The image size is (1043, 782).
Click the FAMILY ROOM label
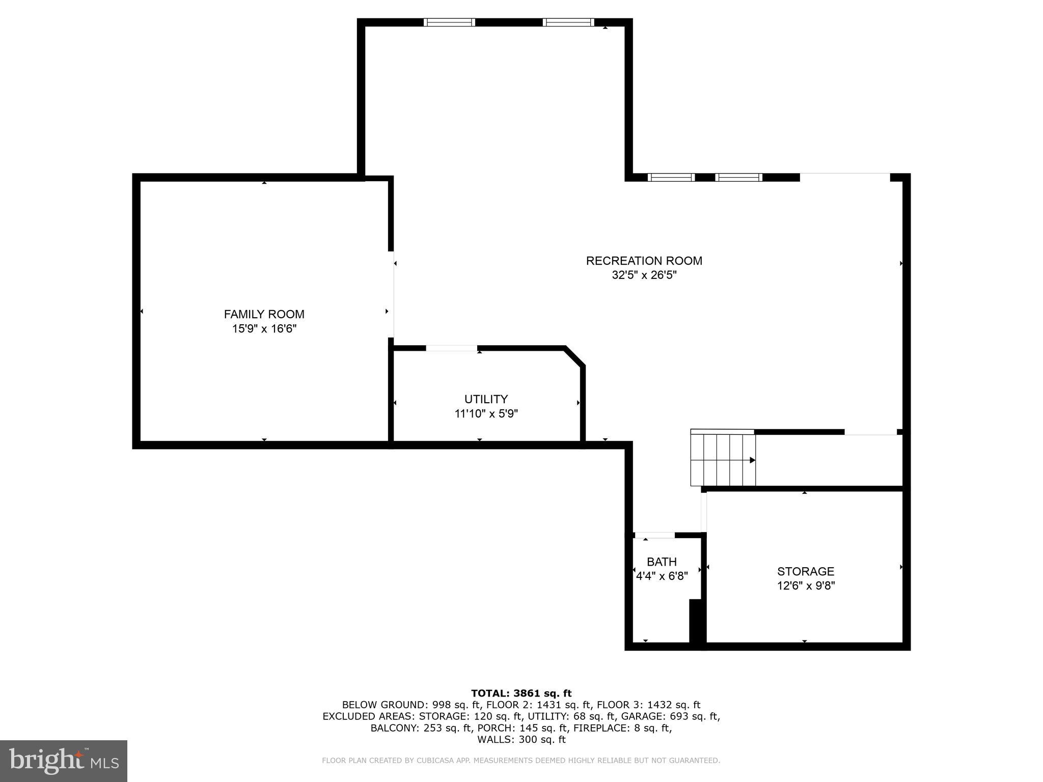[264, 314]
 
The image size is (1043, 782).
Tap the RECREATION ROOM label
[644, 261]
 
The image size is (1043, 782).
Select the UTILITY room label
[486, 399]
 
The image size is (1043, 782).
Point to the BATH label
[662, 562]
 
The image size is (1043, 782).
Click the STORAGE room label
[805, 571]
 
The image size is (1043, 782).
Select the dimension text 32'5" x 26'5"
[644, 275]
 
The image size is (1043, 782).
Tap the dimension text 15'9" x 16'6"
[264, 329]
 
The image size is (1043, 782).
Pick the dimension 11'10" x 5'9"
[486, 414]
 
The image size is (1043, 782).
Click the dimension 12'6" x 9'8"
[805, 586]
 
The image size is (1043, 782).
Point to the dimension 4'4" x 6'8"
[662, 576]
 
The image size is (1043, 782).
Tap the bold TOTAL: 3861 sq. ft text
[521, 693]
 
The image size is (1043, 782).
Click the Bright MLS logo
[63, 761]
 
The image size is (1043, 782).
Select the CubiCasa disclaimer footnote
[521, 761]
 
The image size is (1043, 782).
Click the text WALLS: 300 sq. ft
[521, 740]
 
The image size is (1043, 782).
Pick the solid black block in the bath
[696, 621]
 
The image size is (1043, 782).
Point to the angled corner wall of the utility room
[575, 356]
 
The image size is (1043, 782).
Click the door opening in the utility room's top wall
[451, 348]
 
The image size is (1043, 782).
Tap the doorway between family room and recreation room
[392, 294]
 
